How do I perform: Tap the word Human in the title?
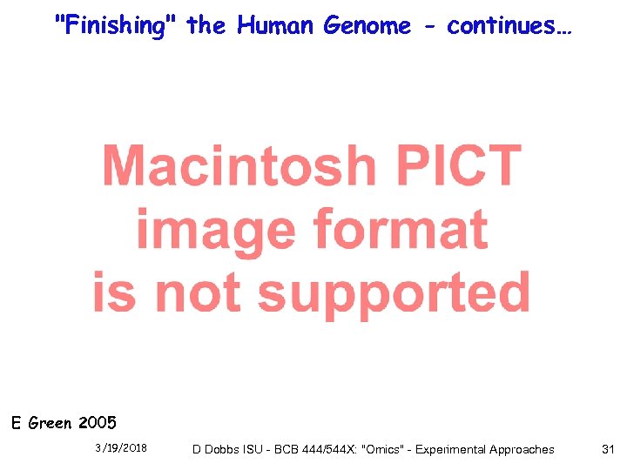click(276, 26)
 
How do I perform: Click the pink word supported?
click(394, 292)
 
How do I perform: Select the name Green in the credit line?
click(51, 424)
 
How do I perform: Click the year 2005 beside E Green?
click(97, 424)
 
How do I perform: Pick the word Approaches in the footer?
click(523, 449)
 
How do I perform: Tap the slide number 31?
click(608, 449)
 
